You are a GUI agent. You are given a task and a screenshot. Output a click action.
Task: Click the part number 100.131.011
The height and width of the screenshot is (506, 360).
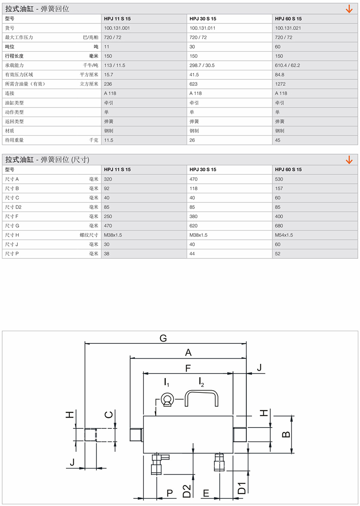tap(203, 28)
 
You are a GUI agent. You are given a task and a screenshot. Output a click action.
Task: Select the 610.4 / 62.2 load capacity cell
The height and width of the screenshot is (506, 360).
tap(287, 65)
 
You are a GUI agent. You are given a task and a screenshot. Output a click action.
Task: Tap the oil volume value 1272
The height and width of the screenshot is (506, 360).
tap(281, 84)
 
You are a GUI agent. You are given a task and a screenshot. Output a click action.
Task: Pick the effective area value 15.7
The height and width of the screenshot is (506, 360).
tap(108, 75)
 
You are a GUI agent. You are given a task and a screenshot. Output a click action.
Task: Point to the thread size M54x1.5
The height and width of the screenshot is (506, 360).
tap(284, 235)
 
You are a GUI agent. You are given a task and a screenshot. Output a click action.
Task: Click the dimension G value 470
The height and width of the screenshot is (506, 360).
tap(108, 226)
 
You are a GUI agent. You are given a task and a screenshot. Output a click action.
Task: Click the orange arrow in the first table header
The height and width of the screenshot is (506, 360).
tap(349, 9)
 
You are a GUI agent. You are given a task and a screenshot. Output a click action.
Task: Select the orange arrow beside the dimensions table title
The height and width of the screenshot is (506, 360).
tap(349, 160)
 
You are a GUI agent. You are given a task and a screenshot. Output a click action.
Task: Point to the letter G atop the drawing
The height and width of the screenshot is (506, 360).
tap(163, 338)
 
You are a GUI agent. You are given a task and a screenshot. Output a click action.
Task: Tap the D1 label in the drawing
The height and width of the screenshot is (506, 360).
tap(242, 488)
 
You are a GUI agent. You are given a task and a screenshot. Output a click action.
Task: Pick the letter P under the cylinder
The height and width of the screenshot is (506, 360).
tap(170, 493)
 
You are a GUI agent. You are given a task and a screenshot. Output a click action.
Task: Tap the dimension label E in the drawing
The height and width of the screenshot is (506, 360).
tap(206, 493)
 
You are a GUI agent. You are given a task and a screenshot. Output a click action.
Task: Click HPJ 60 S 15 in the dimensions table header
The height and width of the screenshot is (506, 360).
tap(288, 170)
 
